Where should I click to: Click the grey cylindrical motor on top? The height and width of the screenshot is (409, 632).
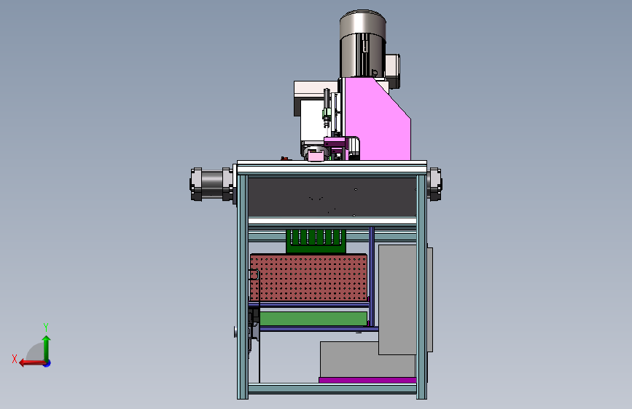[363, 44]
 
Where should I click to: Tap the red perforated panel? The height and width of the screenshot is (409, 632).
[309, 277]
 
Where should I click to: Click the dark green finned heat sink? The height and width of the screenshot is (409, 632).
[316, 241]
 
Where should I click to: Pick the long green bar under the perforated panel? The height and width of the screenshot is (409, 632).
[313, 319]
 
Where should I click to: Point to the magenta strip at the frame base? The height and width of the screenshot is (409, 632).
[367, 380]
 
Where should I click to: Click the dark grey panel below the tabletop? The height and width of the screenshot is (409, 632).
[332, 197]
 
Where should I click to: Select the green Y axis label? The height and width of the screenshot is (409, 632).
[46, 327]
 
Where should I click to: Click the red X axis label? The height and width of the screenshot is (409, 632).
[15, 359]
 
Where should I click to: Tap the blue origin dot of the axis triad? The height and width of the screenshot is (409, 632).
[47, 363]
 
